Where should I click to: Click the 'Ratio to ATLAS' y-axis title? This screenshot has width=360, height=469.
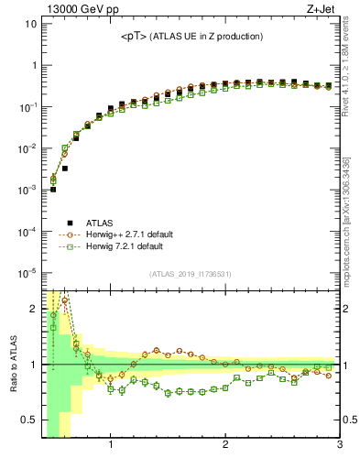[x=13, y=364]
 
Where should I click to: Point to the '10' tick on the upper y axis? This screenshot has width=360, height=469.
[x=31, y=24]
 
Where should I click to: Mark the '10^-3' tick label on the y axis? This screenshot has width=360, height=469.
[x=28, y=190]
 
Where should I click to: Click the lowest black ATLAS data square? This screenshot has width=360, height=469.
[x=53, y=190]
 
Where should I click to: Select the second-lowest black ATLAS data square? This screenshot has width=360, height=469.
[x=64, y=169]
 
